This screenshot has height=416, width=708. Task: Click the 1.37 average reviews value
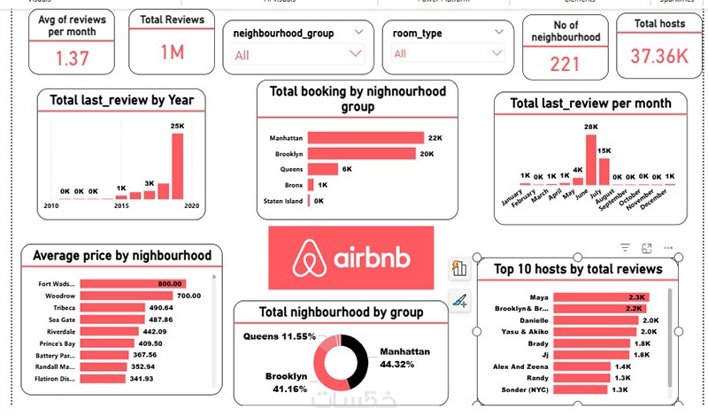(x=73, y=58)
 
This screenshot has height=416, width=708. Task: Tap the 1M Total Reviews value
(x=172, y=52)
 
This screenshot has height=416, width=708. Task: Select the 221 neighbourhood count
(x=565, y=64)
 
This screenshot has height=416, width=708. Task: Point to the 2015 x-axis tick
(x=121, y=206)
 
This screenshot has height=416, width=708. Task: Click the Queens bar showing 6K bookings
(x=322, y=169)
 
